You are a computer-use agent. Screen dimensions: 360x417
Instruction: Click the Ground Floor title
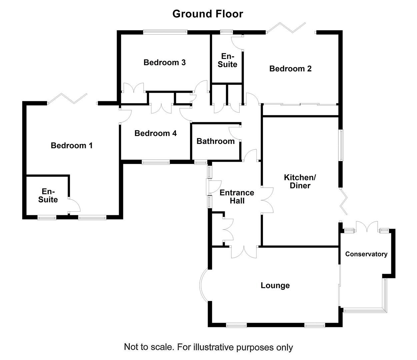[208, 14]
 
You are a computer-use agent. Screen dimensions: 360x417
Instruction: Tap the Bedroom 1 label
[72, 146]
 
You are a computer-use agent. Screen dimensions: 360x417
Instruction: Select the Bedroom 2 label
[290, 69]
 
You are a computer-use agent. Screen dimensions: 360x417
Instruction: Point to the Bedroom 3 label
[164, 62]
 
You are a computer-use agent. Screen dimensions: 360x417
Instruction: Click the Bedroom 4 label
[155, 133]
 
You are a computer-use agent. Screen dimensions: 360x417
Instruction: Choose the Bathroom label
[215, 141]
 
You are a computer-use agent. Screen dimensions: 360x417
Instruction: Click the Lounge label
[275, 286]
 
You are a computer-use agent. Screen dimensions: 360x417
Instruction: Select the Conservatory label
[366, 254]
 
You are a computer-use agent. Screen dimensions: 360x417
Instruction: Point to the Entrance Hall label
[237, 197]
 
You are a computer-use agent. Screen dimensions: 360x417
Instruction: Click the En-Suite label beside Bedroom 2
[227, 60]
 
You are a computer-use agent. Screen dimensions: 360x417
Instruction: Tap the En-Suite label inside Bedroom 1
[48, 196]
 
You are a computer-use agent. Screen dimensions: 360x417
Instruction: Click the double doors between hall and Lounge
[244, 252]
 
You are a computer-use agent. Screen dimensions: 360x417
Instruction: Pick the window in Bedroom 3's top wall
[165, 32]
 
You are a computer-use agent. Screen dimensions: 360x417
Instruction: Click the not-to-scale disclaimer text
[208, 347]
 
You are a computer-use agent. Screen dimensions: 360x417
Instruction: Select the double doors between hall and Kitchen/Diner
[267, 200]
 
